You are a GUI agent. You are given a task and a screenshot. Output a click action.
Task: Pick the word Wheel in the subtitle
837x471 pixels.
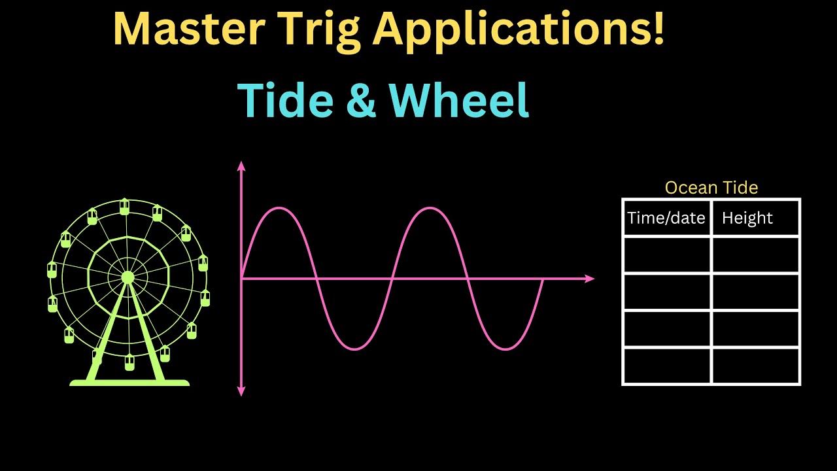point(458,101)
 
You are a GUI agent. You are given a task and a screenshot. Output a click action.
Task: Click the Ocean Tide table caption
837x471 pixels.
point(711,188)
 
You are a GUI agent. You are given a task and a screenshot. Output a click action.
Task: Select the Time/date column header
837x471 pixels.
point(666,218)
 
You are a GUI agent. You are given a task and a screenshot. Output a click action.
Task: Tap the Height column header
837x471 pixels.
point(747,218)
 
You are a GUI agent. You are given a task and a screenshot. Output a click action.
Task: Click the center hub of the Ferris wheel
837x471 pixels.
point(128,278)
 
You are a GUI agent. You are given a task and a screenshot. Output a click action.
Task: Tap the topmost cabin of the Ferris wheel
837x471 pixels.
point(124,207)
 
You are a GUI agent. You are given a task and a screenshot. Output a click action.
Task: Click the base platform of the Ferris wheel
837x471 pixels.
point(129,382)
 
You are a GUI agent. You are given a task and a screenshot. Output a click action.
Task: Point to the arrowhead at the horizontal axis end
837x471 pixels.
point(590,279)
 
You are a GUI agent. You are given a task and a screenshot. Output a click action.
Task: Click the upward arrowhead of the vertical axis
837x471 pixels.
point(241,166)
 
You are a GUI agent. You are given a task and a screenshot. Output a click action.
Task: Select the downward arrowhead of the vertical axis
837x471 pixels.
point(241,391)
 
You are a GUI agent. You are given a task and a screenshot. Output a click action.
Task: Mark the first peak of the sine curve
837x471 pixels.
point(279,208)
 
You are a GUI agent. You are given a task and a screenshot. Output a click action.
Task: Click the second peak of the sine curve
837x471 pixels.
point(430,208)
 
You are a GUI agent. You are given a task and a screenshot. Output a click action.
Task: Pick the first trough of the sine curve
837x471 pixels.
point(354,349)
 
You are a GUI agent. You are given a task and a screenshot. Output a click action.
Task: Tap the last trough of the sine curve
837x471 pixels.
point(505,349)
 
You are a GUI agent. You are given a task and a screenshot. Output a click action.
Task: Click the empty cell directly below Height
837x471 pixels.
point(755,254)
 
